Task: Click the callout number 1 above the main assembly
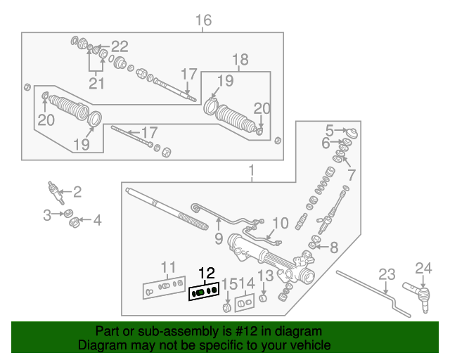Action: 251,170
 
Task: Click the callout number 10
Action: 280,224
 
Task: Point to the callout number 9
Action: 218,238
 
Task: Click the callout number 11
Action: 168,266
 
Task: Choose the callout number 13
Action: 265,276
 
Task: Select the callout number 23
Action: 387,275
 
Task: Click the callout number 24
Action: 422,267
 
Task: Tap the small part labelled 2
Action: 53,190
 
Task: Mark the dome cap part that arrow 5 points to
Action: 353,134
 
